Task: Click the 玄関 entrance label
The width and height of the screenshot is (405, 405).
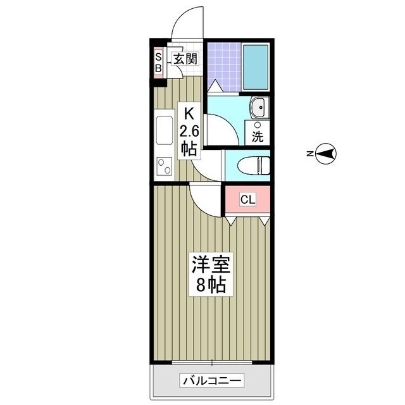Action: [x=185, y=59]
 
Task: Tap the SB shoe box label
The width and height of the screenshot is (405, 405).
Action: [x=158, y=62]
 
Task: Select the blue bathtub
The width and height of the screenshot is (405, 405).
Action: [x=256, y=67]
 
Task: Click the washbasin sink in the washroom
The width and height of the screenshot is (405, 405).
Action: [x=259, y=107]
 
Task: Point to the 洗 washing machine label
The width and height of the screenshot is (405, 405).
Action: [x=258, y=137]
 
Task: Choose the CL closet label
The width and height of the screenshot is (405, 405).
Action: [x=247, y=199]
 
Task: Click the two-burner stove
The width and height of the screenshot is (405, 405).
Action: [x=165, y=166]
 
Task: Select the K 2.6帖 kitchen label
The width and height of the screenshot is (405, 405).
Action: [x=189, y=132]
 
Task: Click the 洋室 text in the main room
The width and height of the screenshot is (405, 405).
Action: [x=211, y=265]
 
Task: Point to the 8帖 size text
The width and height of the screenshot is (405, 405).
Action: [x=211, y=285]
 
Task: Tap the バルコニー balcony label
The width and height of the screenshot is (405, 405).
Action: [x=212, y=380]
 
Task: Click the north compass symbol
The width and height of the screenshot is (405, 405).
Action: [x=326, y=154]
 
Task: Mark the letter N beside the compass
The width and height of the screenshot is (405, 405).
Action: [x=309, y=154]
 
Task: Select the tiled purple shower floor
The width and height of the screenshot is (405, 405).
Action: [x=224, y=66]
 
